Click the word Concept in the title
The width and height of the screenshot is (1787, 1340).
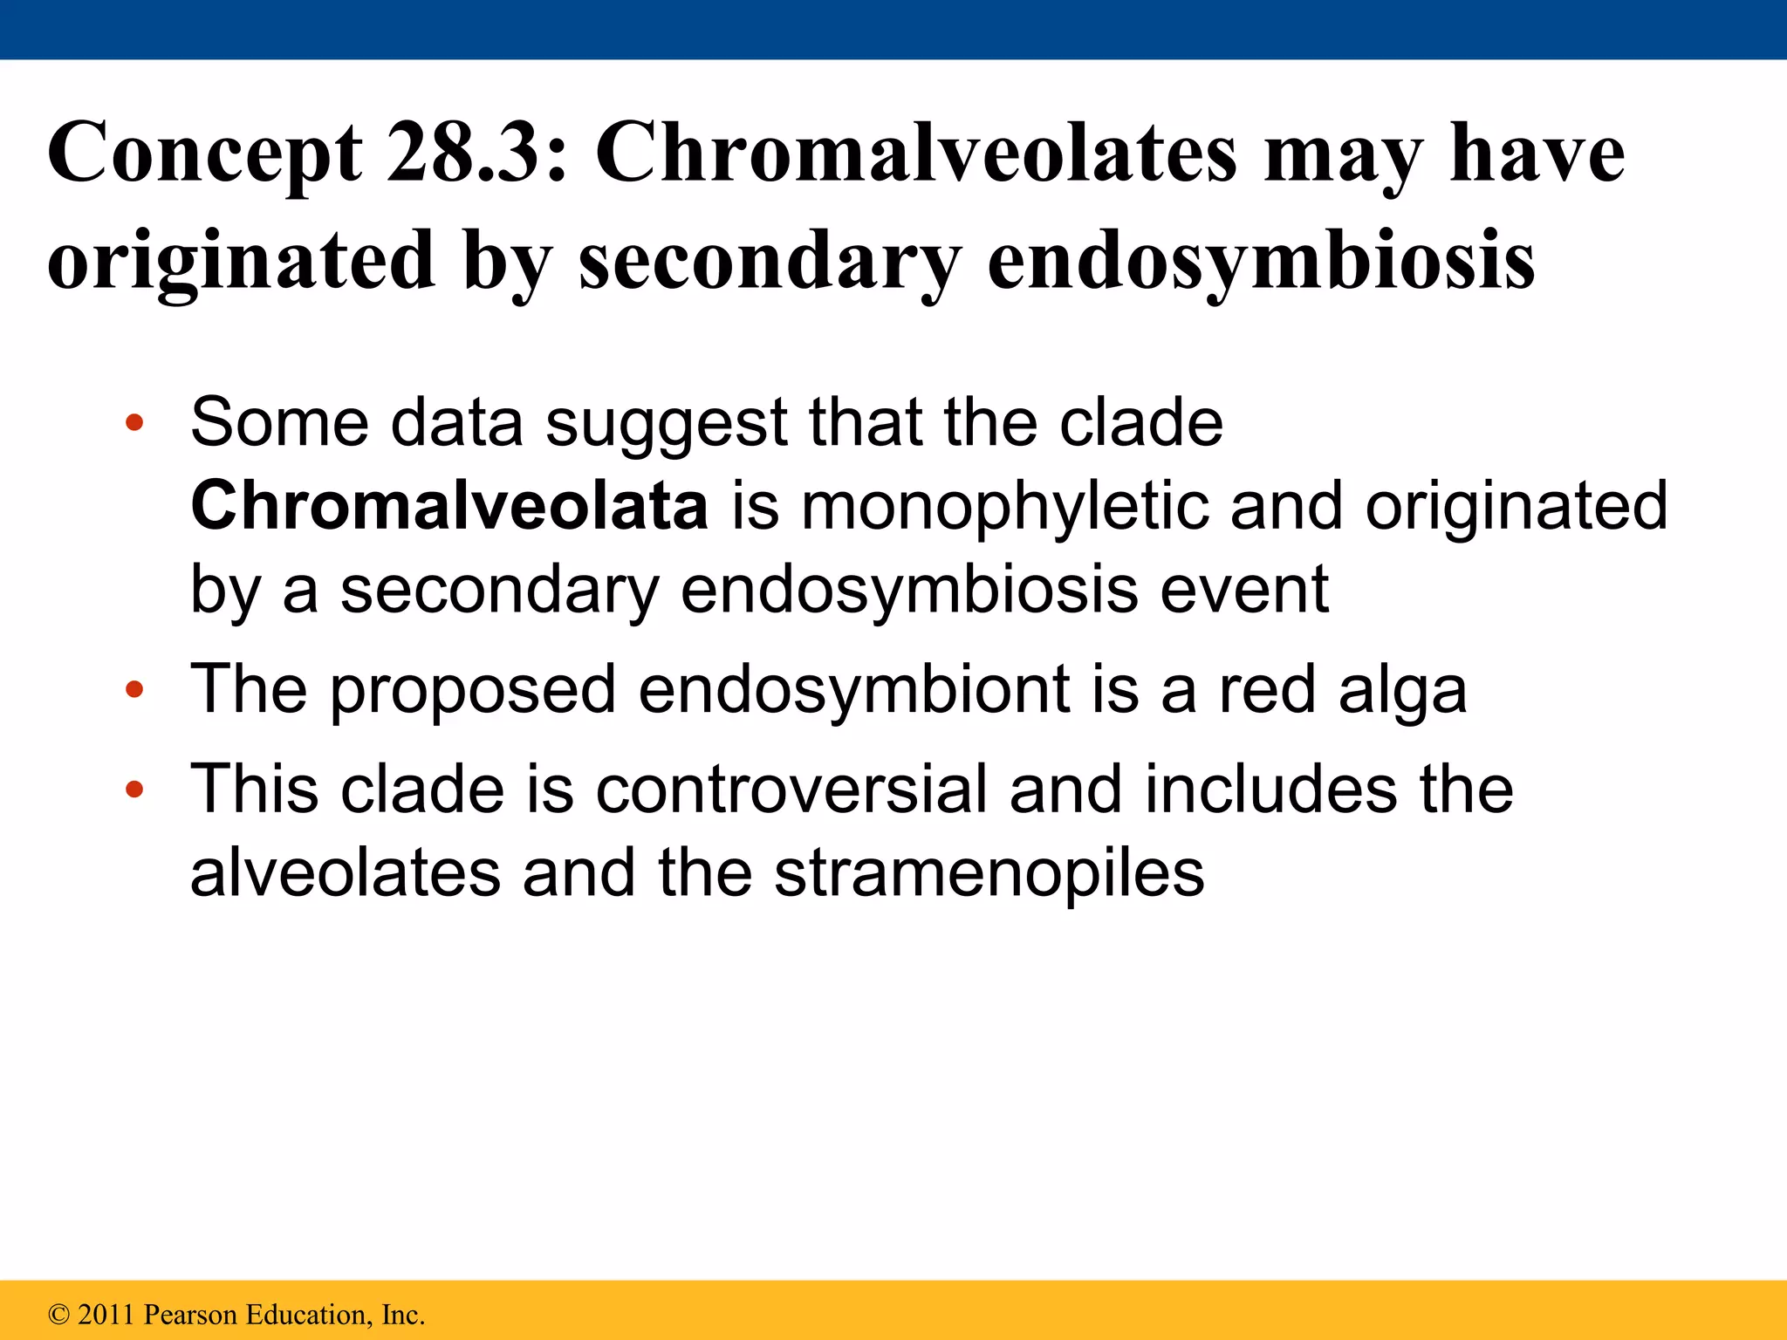[204, 154]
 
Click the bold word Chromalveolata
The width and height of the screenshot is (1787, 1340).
[449, 506]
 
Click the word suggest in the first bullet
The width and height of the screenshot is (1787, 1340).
[667, 424]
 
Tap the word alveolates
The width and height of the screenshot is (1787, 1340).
[346, 872]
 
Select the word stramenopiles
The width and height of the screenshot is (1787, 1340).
[989, 874]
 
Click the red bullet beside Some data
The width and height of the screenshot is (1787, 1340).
[134, 425]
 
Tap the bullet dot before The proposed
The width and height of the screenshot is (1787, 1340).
[134, 690]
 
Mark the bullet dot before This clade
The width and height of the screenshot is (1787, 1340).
[134, 790]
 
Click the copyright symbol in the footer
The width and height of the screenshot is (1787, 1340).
[58, 1314]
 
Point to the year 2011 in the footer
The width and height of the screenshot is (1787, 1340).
[106, 1314]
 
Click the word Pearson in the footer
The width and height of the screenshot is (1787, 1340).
[189, 1314]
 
